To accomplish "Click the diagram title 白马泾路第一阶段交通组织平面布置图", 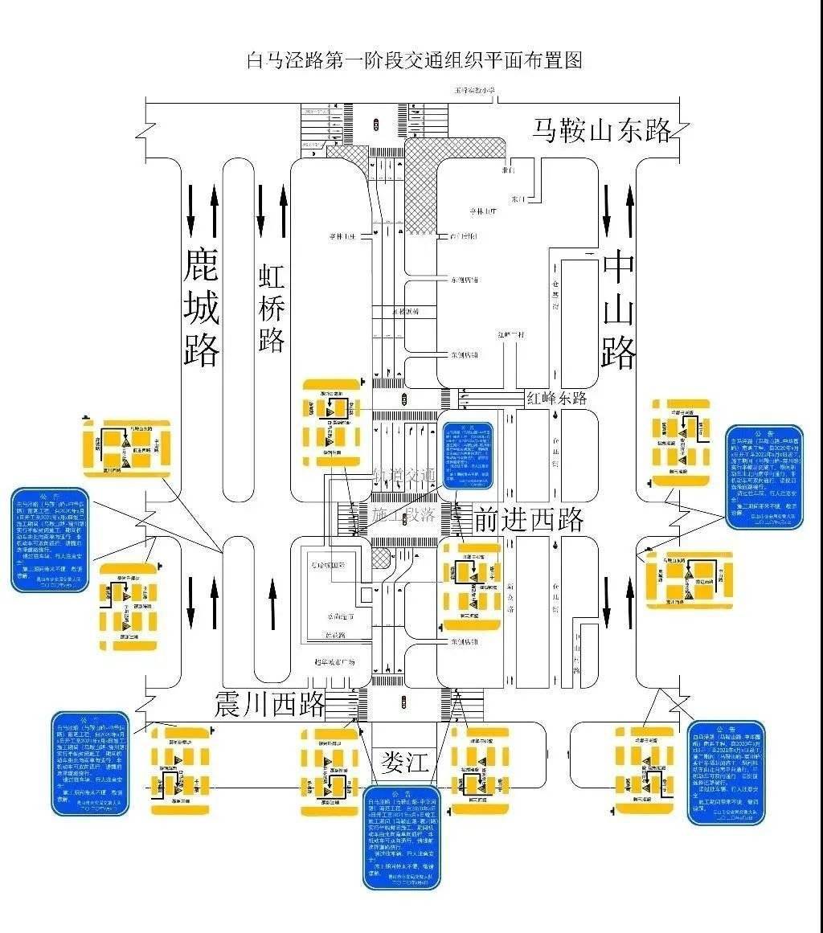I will [x=414, y=60].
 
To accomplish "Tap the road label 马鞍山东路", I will [x=601, y=130].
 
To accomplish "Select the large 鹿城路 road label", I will [x=202, y=307].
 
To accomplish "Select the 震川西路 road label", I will [x=269, y=704].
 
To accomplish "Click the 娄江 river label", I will [x=406, y=761].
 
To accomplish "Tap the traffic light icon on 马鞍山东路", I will [x=376, y=124].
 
